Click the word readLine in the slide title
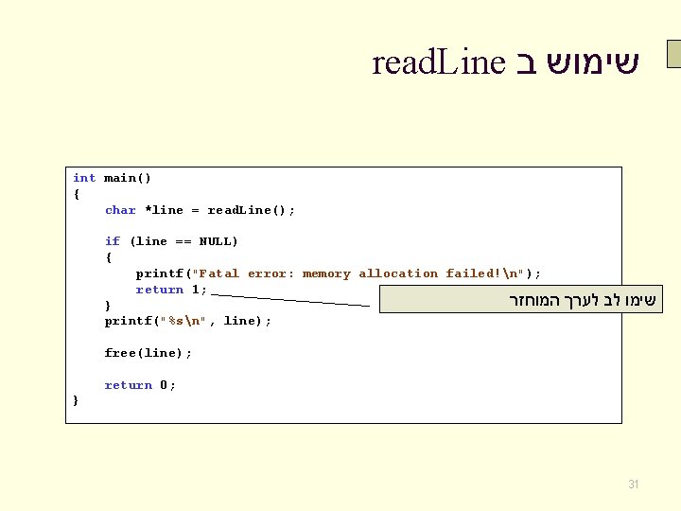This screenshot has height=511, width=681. pyautogui.click(x=439, y=63)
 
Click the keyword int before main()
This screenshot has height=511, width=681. pyautogui.click(x=84, y=178)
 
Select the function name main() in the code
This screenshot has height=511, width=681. pyautogui.click(x=128, y=178)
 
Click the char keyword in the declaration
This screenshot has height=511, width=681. pyautogui.click(x=120, y=210)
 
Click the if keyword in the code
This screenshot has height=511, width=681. pyautogui.click(x=113, y=241)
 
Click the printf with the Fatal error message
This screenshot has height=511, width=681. pyautogui.click(x=163, y=273)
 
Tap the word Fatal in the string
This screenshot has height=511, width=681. pyautogui.click(x=219, y=273)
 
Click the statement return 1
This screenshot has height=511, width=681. pyautogui.click(x=170, y=290)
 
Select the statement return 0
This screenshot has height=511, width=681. pyautogui.click(x=139, y=385)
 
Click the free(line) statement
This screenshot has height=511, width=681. pyautogui.click(x=148, y=353)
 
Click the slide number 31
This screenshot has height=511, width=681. pyautogui.click(x=634, y=485)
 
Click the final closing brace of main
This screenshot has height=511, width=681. pyautogui.click(x=76, y=400)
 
